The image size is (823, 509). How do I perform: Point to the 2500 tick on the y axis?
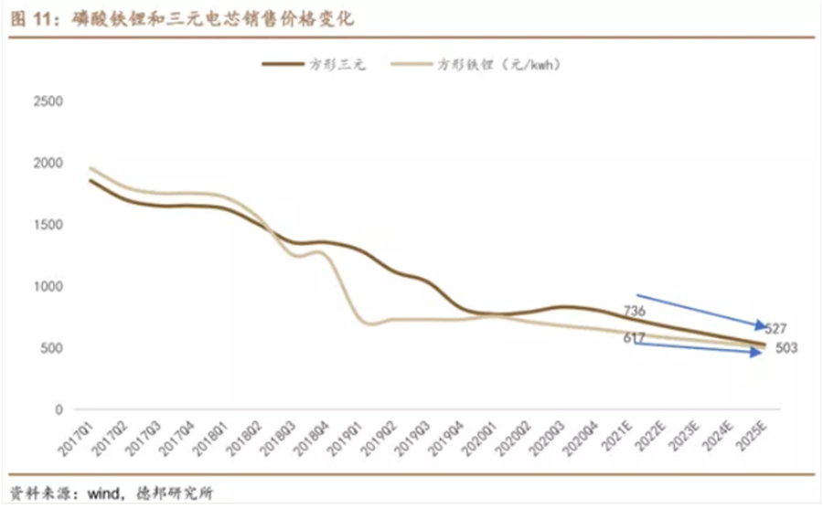pyautogui.click(x=46, y=101)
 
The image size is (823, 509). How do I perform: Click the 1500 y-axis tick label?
pyautogui.click(x=46, y=225)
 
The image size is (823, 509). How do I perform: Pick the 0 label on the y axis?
pyautogui.click(x=58, y=410)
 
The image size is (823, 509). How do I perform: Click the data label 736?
pyautogui.click(x=632, y=312)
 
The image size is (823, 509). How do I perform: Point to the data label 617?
pyautogui.click(x=632, y=338)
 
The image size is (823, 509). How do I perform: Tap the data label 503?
pyautogui.click(x=786, y=349)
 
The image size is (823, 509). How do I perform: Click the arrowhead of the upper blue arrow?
pyautogui.click(x=763, y=324)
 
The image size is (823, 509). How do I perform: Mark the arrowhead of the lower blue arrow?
pyautogui.click(x=761, y=352)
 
